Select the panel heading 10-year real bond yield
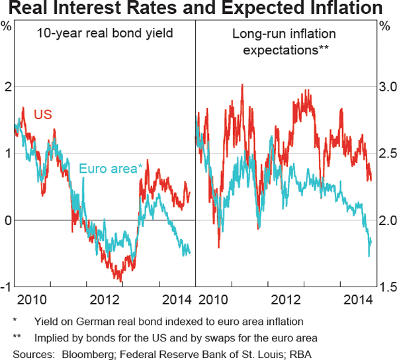click(x=103, y=33)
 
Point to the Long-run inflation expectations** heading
click(x=284, y=41)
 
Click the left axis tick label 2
click(x=7, y=87)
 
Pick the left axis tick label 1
click(x=7, y=154)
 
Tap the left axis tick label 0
click(x=7, y=220)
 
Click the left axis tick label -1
click(x=6, y=287)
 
